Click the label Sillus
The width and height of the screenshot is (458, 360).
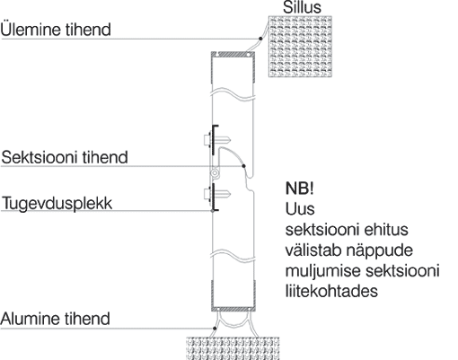point(302,7)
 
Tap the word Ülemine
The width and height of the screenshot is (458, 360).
point(31,30)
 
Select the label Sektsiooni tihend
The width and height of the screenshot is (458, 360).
point(65,157)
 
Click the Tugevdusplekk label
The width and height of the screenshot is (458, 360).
point(57,204)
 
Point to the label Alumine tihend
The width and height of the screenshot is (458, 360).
point(56,319)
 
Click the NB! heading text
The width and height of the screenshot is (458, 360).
point(300,189)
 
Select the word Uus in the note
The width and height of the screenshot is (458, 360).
point(300,209)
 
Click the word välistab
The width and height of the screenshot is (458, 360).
point(313,250)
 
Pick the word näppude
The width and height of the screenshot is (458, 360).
point(380,250)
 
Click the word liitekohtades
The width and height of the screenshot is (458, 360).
point(331,291)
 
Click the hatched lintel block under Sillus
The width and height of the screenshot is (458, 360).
point(300,47)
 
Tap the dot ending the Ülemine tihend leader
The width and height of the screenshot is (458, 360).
point(260,39)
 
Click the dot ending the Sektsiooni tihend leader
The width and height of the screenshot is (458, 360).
point(243,166)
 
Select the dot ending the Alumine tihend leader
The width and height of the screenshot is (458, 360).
point(215,329)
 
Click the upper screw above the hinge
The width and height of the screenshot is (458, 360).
point(216,140)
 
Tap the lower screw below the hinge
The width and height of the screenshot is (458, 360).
point(216,194)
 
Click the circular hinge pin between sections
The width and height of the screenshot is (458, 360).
point(215,173)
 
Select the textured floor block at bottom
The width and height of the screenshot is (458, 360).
point(233,348)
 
